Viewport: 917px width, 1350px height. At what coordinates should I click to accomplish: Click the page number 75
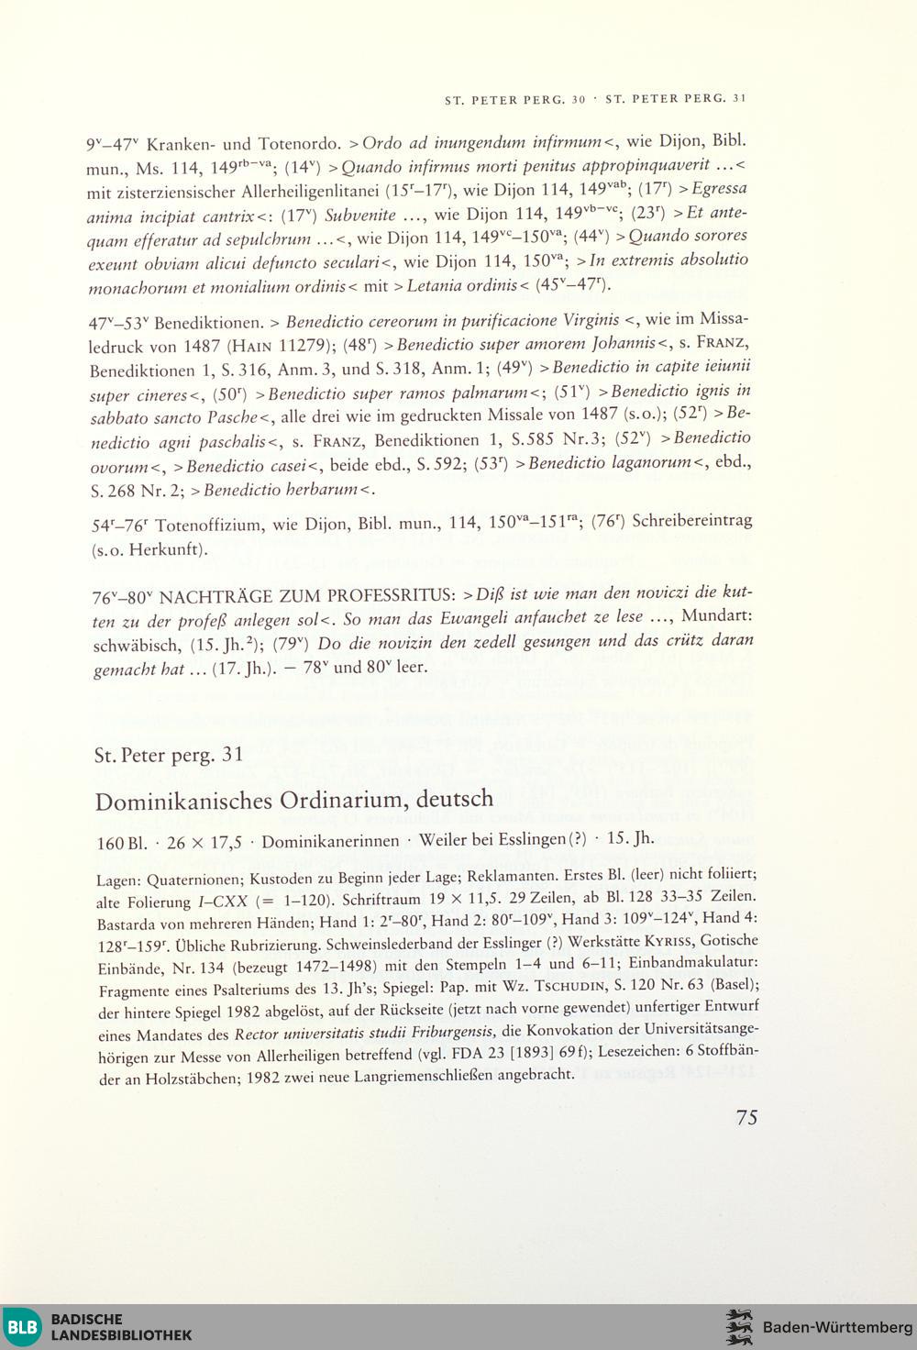click(x=746, y=1117)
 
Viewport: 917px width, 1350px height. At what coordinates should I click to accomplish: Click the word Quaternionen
click(x=193, y=880)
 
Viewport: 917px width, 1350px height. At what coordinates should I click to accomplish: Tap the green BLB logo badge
click(x=23, y=1326)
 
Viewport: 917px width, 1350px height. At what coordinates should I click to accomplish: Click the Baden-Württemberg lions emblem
click(x=738, y=1327)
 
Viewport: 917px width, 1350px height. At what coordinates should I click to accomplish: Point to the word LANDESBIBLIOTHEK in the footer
click(x=121, y=1335)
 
